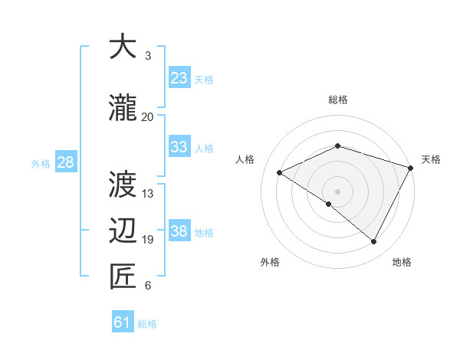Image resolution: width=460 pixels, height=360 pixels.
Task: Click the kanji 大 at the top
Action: (x=123, y=47)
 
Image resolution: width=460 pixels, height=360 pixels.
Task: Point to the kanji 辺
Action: (x=123, y=231)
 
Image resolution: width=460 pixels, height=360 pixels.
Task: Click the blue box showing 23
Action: (x=179, y=78)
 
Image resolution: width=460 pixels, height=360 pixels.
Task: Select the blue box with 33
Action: (x=179, y=147)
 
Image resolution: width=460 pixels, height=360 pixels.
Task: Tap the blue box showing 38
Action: (x=179, y=231)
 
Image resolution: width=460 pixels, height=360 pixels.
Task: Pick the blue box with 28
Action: (x=65, y=162)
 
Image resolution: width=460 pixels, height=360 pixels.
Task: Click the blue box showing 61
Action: (x=123, y=323)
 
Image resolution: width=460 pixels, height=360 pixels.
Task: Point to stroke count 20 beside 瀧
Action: (x=147, y=117)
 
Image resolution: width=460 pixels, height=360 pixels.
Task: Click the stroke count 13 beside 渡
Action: (x=148, y=194)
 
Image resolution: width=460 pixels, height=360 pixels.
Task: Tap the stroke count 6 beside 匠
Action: (x=148, y=286)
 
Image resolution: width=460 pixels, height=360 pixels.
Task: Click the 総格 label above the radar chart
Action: (x=338, y=100)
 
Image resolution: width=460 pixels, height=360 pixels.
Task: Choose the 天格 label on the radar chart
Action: (x=431, y=159)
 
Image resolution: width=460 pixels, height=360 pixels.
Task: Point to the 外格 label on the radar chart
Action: (x=270, y=263)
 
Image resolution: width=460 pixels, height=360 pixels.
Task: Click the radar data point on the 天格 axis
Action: (x=411, y=169)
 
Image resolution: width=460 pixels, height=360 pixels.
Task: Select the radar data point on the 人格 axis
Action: (x=280, y=172)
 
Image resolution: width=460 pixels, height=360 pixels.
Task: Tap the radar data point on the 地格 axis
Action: (x=373, y=241)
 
